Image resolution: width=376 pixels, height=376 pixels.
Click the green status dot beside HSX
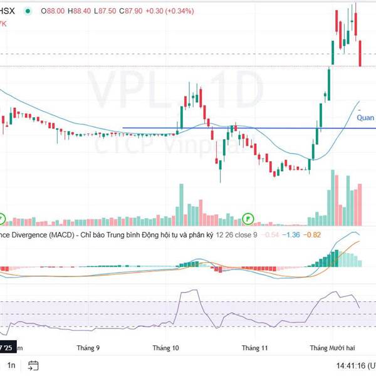tap(27, 11)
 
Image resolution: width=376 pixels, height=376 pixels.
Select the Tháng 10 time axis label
tap(166, 347)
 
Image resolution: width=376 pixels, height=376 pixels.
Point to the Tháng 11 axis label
tap(255, 347)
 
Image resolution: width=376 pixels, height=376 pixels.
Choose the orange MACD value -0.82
tap(313, 235)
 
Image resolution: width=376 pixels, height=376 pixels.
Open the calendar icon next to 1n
tap(34, 365)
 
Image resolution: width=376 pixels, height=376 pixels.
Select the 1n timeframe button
tap(11, 365)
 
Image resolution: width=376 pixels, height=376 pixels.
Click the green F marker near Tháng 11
tap(248, 219)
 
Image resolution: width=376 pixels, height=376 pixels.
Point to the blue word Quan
tap(365, 117)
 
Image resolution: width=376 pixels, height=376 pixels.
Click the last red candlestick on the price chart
tap(360, 53)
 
